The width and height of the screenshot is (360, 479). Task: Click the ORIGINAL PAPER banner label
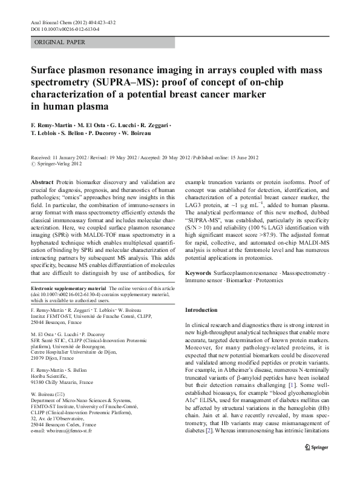tap(59, 42)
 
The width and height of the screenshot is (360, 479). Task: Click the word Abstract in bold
tap(42, 182)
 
